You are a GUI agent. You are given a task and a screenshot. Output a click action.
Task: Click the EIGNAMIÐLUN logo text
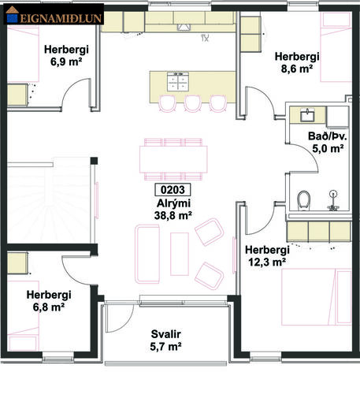pyautogui.click(x=61, y=18)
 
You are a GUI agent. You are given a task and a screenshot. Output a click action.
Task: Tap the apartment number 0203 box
pyautogui.click(x=173, y=190)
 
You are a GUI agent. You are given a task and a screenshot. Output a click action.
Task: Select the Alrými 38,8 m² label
pyautogui.click(x=173, y=210)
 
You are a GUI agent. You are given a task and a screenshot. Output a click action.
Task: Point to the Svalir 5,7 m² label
pyautogui.click(x=165, y=340)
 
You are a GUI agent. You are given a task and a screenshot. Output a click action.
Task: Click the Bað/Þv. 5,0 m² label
pyautogui.click(x=328, y=143)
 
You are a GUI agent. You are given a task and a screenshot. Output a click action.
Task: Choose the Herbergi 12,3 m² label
pyautogui.click(x=267, y=255)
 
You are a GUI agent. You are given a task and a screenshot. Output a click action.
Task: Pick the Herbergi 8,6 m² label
pyautogui.click(x=297, y=62)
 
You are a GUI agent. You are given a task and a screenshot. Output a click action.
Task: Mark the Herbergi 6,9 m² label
pyautogui.click(x=66, y=55)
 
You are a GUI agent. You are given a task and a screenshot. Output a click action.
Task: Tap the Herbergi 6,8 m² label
pyautogui.click(x=49, y=300)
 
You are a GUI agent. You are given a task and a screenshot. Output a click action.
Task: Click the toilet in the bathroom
pyautogui.click(x=304, y=201)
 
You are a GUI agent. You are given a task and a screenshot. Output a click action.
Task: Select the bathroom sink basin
pyautogui.click(x=307, y=115)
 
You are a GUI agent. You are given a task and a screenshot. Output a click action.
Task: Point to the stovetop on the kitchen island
pyautogui.click(x=178, y=80)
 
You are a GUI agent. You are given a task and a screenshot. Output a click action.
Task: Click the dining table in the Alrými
pyautogui.click(x=173, y=159)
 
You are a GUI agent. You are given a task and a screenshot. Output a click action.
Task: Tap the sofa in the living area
pyautogui.click(x=147, y=254)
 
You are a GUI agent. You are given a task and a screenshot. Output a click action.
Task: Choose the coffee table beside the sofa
pyautogui.click(x=180, y=254)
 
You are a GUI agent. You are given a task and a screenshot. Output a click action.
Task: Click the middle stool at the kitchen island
pyautogui.click(x=193, y=103)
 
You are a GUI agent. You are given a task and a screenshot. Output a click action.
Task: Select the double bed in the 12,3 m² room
pyautogui.click(x=317, y=297)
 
